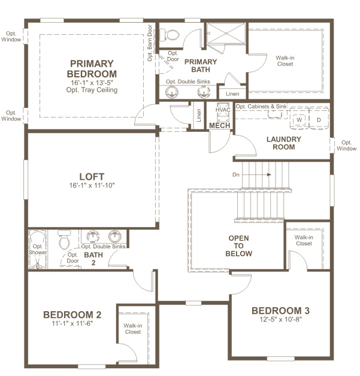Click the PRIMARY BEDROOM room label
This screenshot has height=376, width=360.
[92, 68]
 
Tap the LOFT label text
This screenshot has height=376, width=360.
[92, 177]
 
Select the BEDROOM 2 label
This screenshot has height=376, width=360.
[72, 314]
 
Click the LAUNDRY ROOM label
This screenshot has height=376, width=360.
[284, 143]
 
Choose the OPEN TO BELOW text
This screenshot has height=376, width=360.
[238, 246]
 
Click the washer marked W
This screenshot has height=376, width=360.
[298, 119]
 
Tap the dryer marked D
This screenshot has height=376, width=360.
[318, 119]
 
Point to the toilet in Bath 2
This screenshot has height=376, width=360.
[64, 241]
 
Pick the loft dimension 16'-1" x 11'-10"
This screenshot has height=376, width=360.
[92, 186]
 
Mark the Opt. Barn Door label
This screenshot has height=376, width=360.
[150, 43]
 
